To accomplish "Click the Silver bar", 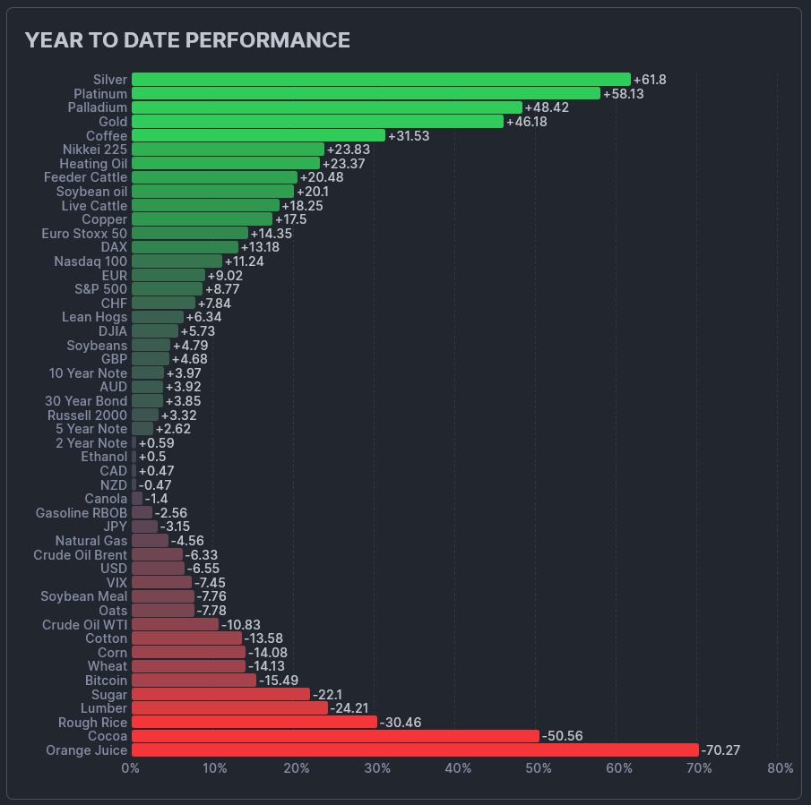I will pyautogui.click(x=381, y=80).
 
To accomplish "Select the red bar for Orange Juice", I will pyautogui.click(x=415, y=750).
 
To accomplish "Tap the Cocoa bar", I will pyautogui.click(x=335, y=736).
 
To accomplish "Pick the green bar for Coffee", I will pyautogui.click(x=258, y=135).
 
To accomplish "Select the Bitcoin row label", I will pyautogui.click(x=106, y=681).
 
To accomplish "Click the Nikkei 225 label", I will pyautogui.click(x=95, y=150).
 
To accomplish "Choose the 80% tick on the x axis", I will pyautogui.click(x=781, y=768).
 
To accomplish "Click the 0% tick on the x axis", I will pyautogui.click(x=131, y=768).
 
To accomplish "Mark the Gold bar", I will pyautogui.click(x=317, y=122).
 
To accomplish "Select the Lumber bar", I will pyautogui.click(x=229, y=708).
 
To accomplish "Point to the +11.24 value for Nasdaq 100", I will pyautogui.click(x=245, y=261).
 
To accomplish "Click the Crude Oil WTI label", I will pyautogui.click(x=85, y=624).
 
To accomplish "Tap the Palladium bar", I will pyautogui.click(x=327, y=107).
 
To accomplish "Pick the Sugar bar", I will pyautogui.click(x=220, y=694).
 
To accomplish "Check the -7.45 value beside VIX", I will pyautogui.click(x=211, y=582).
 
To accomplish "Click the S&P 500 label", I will pyautogui.click(x=101, y=289).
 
